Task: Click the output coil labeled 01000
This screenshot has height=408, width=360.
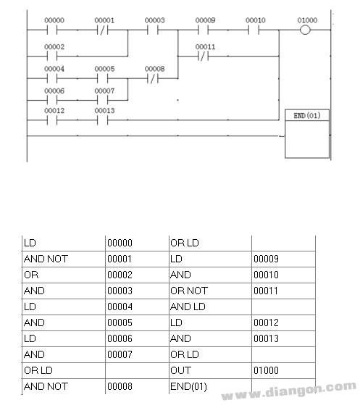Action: point(305,30)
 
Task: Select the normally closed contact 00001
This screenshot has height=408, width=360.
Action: point(102,30)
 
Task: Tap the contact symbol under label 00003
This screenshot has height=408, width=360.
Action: point(152,30)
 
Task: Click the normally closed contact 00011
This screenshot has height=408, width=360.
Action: point(203,56)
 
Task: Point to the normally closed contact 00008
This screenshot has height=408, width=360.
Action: point(153,78)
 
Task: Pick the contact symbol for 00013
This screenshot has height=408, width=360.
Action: point(102,120)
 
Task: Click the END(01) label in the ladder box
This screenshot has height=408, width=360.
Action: point(307,115)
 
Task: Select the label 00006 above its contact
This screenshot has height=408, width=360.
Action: point(54,91)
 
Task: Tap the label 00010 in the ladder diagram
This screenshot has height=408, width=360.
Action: point(256,20)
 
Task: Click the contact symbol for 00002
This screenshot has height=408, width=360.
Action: point(52,56)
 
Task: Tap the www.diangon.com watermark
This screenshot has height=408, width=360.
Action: point(289,391)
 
